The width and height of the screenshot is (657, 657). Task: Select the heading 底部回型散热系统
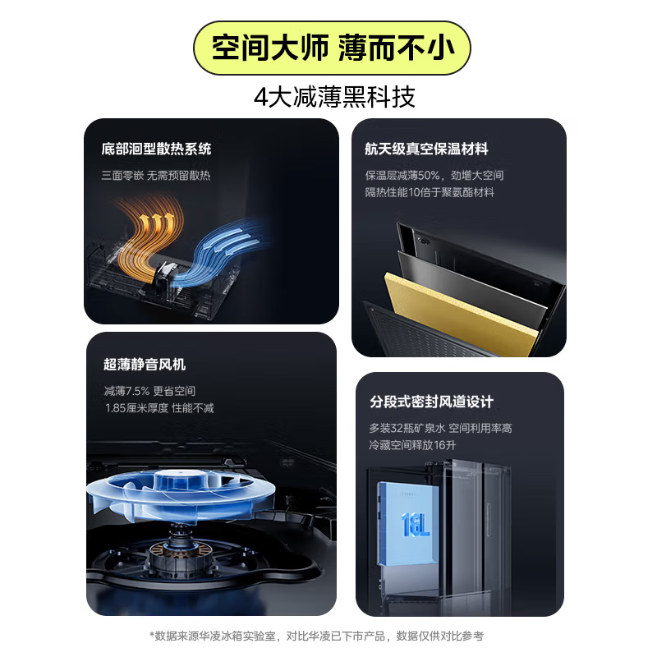point(156,149)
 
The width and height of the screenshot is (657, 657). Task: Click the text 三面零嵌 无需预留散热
point(156,175)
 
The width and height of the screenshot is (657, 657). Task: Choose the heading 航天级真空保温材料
point(426,149)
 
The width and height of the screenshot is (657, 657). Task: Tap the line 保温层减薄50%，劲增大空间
point(434,175)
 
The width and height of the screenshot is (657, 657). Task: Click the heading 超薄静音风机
point(145,365)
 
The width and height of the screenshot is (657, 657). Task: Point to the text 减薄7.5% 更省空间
point(149,391)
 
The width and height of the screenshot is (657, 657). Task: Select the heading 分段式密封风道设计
point(431,402)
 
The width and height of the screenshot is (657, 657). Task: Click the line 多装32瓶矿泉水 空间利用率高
point(440,428)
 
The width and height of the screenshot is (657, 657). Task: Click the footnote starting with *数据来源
point(328,636)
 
